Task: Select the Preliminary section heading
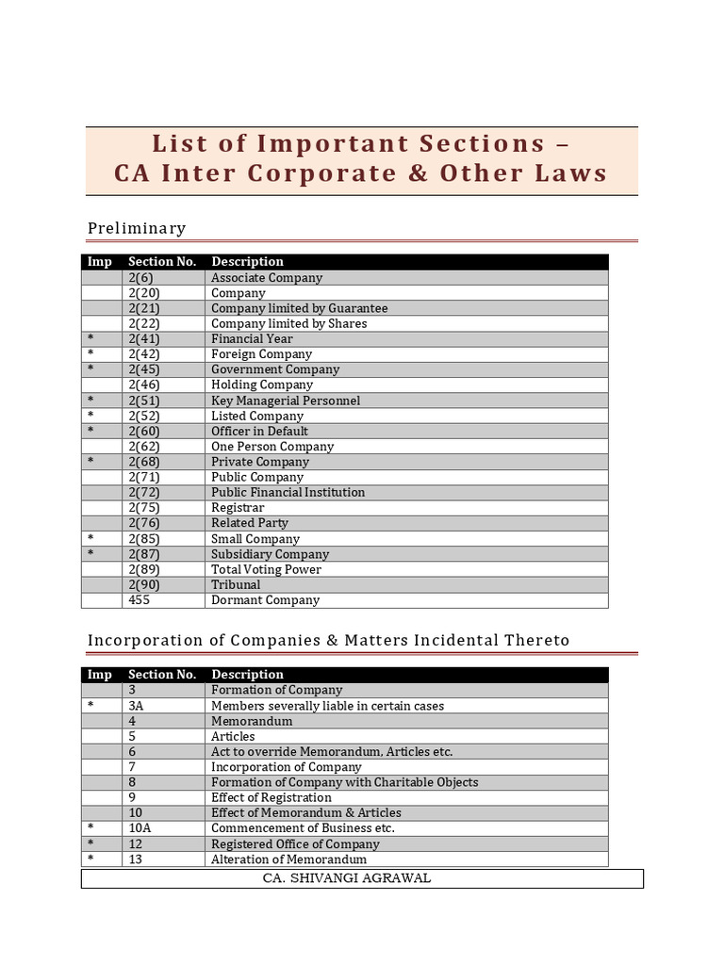point(137,228)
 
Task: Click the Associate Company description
point(267,278)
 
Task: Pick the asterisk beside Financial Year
point(90,339)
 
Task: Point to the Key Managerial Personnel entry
point(286,401)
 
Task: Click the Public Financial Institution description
point(288,492)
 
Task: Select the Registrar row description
point(238,508)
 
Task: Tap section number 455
point(139,600)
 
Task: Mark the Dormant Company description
point(265,600)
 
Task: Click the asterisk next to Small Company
point(90,539)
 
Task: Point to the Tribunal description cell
point(236,584)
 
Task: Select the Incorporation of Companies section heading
point(328,641)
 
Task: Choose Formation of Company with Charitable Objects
point(344,782)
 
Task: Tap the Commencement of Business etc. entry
point(303,828)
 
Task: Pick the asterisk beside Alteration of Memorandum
point(90,859)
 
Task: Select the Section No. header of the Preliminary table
point(162,262)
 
